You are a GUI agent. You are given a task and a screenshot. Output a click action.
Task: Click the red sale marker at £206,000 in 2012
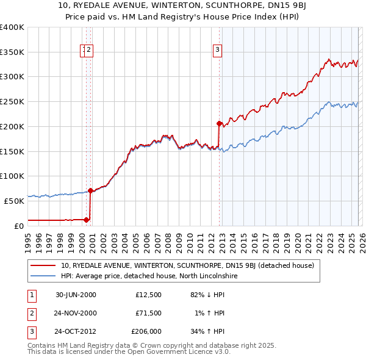coord(219,123)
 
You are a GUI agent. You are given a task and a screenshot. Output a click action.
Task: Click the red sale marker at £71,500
coord(91,190)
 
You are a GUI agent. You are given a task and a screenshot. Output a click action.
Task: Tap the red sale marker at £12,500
coord(87,219)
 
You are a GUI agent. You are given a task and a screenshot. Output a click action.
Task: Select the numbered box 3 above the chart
coord(217,51)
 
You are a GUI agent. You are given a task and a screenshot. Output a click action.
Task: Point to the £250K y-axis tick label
coord(12,101)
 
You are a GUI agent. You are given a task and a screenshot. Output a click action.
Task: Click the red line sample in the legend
coord(43,265)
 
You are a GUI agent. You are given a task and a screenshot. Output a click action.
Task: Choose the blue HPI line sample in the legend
coord(43,276)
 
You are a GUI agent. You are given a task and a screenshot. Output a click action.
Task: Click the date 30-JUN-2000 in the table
coord(76,295)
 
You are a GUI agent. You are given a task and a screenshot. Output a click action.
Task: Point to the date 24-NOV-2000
coord(76,314)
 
